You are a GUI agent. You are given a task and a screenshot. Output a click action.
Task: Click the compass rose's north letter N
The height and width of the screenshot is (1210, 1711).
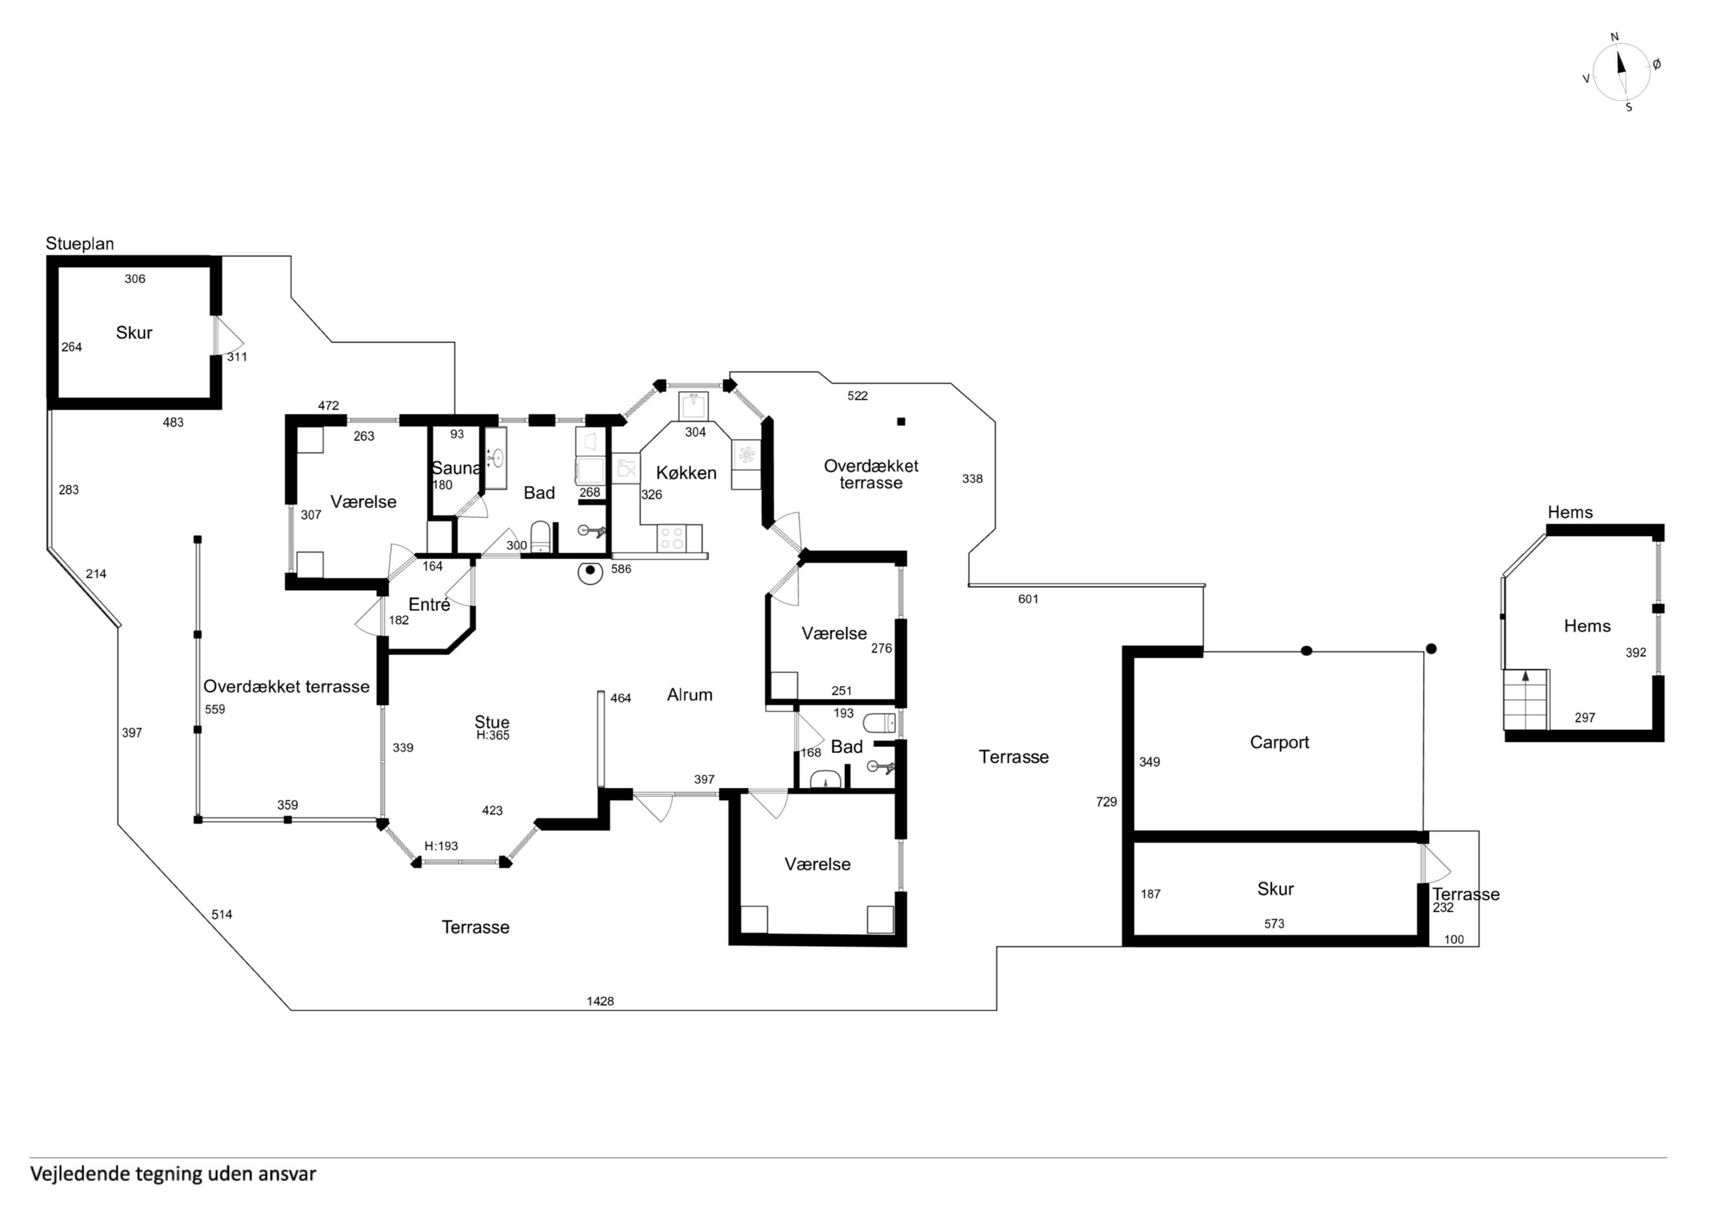[1615, 37]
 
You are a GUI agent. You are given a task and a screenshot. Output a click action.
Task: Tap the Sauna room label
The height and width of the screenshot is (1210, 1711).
[455, 468]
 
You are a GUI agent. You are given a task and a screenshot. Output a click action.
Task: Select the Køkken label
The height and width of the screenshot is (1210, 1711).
[686, 472]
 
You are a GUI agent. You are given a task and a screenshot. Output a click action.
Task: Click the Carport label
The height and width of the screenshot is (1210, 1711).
[1279, 743]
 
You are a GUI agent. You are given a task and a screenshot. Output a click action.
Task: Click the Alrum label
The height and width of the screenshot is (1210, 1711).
[689, 695]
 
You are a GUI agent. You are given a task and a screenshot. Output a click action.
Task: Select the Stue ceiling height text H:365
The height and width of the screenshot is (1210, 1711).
[492, 735]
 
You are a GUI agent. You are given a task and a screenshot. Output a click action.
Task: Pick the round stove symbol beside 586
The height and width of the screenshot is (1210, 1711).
[590, 571]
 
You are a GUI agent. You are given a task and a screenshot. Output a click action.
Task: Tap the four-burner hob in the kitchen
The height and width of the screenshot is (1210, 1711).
[672, 538]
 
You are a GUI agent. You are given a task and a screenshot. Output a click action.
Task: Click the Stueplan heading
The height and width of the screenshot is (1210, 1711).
[80, 244]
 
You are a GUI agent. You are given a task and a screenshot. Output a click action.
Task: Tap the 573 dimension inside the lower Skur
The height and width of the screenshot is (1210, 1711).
[1274, 924]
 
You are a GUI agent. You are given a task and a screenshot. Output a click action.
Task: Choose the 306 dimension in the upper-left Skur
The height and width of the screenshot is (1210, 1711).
[135, 279]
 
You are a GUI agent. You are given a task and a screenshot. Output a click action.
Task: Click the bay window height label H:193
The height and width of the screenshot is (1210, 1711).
[441, 846]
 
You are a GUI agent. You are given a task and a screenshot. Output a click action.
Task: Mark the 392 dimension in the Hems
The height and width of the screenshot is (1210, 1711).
[1636, 652]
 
